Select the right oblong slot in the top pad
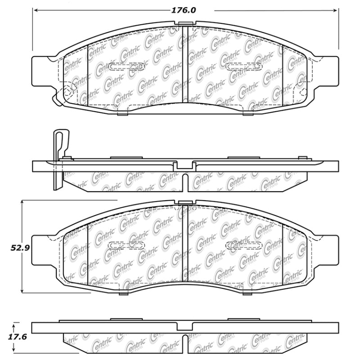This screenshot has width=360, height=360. [243, 67]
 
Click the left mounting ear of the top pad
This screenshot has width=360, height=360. [44, 71]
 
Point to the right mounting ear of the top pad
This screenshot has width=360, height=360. [327, 71]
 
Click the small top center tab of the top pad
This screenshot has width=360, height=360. [185, 23]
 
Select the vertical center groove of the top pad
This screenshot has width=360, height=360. [185, 63]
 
